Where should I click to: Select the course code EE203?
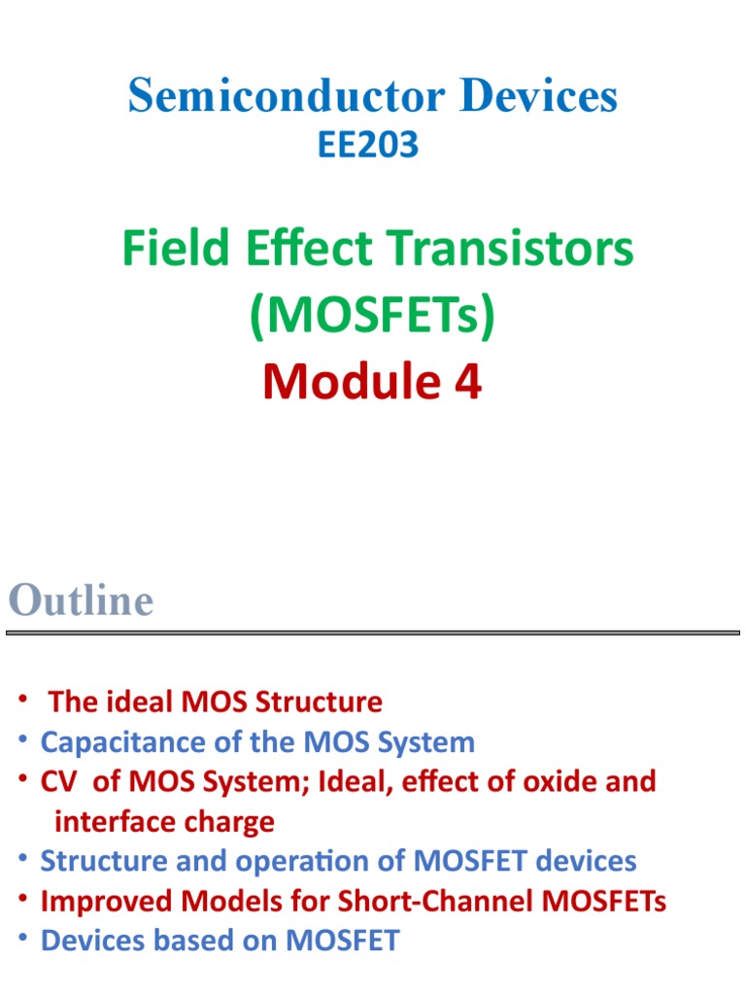(368, 145)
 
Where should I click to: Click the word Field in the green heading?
(170, 250)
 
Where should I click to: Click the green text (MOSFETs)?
(372, 316)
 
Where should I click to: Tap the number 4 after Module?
(470, 382)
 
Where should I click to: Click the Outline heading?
(81, 600)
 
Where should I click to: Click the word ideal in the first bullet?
(124, 702)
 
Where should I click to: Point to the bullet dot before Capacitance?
(21, 740)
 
